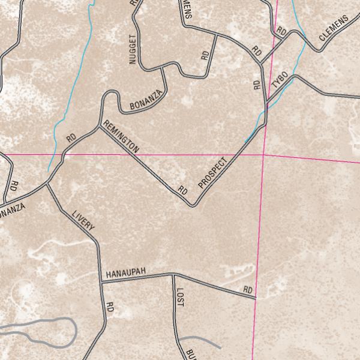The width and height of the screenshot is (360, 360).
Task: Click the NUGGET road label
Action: tap(133, 49)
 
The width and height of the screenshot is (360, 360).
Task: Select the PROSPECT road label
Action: tap(214, 173)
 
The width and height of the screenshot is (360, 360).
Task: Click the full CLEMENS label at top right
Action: tap(334, 29)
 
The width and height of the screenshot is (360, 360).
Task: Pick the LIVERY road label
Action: tap(83, 221)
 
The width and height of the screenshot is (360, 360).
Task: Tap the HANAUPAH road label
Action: tap(126, 274)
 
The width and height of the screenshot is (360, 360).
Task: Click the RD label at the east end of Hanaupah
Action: tap(248, 290)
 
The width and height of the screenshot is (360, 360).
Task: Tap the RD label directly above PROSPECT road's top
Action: tap(257, 83)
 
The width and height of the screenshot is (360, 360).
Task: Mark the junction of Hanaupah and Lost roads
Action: tap(173, 275)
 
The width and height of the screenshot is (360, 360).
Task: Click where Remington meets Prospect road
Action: tap(193, 206)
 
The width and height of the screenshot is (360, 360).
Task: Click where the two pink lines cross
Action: tap(263, 155)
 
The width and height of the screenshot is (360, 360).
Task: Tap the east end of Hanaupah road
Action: tap(256, 297)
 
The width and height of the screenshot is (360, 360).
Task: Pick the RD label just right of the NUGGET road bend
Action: tap(205, 55)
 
